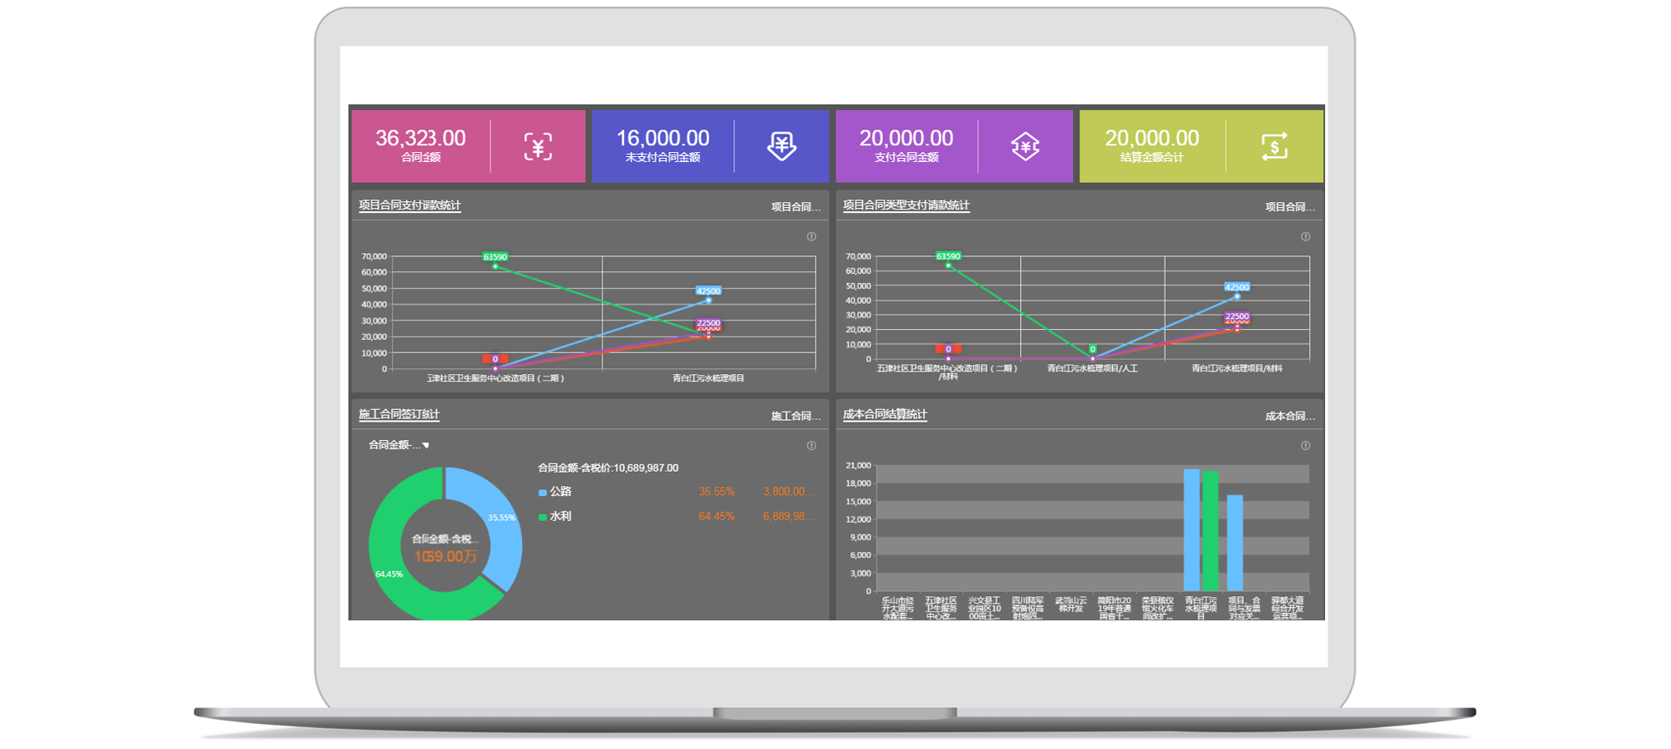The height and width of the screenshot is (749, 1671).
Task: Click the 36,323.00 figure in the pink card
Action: (420, 138)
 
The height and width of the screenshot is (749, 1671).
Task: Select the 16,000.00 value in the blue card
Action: (663, 138)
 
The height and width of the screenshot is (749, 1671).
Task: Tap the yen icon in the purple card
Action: (1025, 147)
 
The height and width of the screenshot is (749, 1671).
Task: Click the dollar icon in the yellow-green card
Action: (1274, 147)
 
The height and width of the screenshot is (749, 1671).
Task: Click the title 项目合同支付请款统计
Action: (409, 205)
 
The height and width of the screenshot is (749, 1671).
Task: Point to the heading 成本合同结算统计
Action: (885, 415)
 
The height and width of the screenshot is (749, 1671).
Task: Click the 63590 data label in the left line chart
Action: (495, 257)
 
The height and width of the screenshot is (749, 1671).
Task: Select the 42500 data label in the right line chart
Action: (1237, 287)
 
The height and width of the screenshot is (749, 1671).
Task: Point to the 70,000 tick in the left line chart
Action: (373, 256)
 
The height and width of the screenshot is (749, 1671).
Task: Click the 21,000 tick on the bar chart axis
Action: (858, 466)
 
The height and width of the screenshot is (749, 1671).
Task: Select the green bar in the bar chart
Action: (1210, 531)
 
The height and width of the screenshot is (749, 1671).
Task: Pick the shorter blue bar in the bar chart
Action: (1235, 543)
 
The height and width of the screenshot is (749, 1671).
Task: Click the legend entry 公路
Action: (560, 492)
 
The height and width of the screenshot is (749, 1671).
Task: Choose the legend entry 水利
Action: (560, 517)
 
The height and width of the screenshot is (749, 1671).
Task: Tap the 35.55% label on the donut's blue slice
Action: (501, 518)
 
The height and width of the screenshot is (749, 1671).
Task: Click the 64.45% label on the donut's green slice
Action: (389, 574)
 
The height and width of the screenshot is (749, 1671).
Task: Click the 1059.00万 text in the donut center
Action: (445, 557)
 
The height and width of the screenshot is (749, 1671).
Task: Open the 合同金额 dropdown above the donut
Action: (399, 445)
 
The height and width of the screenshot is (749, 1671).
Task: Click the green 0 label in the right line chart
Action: (1092, 349)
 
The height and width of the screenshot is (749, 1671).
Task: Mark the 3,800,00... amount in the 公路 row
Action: (787, 492)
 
